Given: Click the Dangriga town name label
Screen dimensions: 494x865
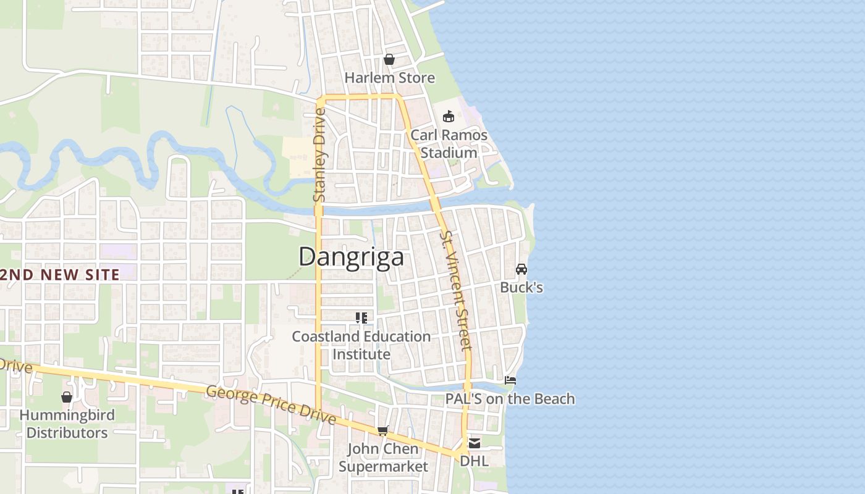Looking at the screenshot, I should pos(351,257).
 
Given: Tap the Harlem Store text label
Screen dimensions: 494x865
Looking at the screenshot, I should pos(389,78).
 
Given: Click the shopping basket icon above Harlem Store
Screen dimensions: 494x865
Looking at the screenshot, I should pos(389,59).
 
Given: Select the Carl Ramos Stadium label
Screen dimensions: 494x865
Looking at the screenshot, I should pos(449,144).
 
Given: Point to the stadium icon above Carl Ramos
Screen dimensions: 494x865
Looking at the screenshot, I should pos(449,116).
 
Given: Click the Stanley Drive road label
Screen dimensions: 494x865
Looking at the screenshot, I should pos(319,156).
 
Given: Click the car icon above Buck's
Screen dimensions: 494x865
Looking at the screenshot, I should pos(521,269).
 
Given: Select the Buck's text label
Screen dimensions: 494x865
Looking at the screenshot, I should pos(521,287).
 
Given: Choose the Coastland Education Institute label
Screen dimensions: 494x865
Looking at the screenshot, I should pos(361,345).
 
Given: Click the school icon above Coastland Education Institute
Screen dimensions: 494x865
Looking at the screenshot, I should pos(361,318).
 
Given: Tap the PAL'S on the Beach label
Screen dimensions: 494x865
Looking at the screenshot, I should pos(510,399).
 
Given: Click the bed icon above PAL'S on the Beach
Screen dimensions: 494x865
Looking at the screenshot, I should pos(510,380).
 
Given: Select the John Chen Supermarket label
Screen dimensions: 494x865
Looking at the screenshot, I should pos(383,458).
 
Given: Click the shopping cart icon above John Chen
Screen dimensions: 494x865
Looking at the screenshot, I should pos(383,430).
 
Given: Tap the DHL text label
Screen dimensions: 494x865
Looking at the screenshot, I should pos(474,461).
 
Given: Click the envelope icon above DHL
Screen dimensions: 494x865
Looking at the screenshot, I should pos(474,443).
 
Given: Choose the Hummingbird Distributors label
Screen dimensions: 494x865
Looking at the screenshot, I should pos(67,424).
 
